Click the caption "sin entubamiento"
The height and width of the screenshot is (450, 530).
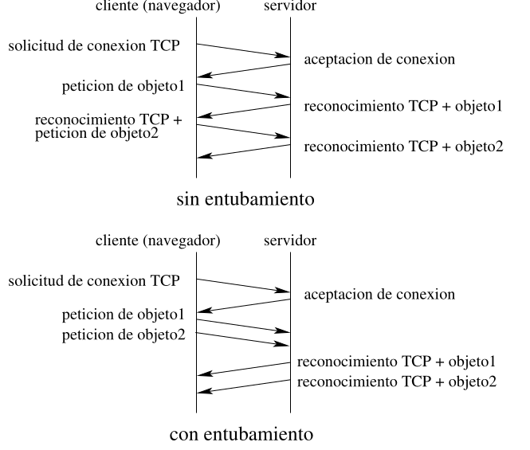[245, 199]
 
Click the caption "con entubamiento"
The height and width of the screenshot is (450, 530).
[241, 434]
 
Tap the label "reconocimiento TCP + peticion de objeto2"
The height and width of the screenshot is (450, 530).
[108, 127]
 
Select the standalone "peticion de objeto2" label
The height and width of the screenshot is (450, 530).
[124, 335]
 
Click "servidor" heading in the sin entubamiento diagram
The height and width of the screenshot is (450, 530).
[290, 6]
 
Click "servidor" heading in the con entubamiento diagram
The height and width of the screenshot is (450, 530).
[290, 241]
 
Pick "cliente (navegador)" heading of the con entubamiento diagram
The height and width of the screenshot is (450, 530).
[158, 241]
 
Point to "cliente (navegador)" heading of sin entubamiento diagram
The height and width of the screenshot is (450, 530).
[158, 6]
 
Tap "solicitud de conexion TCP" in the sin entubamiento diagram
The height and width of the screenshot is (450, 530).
[94, 45]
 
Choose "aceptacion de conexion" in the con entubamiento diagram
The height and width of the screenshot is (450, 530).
[379, 295]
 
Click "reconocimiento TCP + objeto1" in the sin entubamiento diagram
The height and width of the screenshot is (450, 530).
[403, 106]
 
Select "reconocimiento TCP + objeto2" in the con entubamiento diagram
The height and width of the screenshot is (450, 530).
[397, 382]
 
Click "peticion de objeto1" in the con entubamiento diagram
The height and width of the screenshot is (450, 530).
[123, 315]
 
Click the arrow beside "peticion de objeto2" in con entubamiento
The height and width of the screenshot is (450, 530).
[243, 339]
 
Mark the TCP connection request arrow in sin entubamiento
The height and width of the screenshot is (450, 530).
[243, 50]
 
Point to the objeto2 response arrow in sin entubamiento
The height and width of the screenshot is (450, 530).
[243, 151]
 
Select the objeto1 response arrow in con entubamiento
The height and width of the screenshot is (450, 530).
[243, 370]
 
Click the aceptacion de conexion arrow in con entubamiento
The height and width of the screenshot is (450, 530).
[243, 306]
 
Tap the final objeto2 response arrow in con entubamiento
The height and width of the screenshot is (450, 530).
[243, 387]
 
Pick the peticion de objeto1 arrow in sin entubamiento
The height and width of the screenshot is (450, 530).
[243, 91]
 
